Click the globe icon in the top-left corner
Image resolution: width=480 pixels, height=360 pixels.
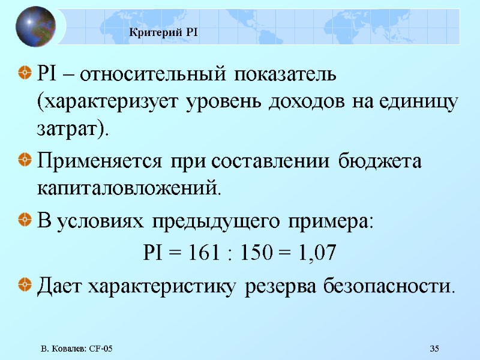point(35,26)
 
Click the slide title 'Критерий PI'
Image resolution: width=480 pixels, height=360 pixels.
point(164,32)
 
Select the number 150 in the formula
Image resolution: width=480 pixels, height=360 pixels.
point(255,253)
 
